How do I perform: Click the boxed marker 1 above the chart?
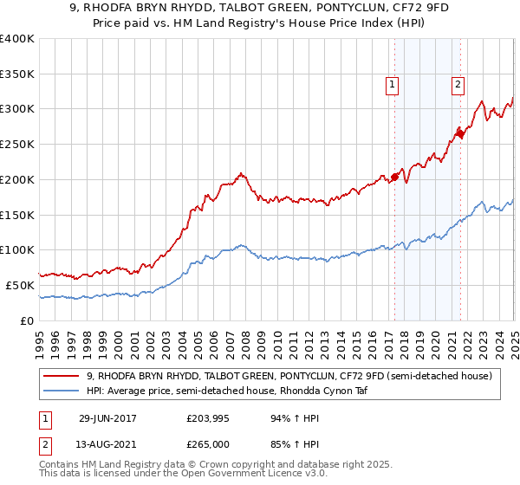tap(393, 84)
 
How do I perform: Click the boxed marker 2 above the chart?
tap(458, 84)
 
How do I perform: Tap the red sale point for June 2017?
tap(394, 177)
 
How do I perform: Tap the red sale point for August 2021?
tap(460, 133)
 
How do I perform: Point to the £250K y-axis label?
tap(17, 144)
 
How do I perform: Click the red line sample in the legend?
tap(61, 375)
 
